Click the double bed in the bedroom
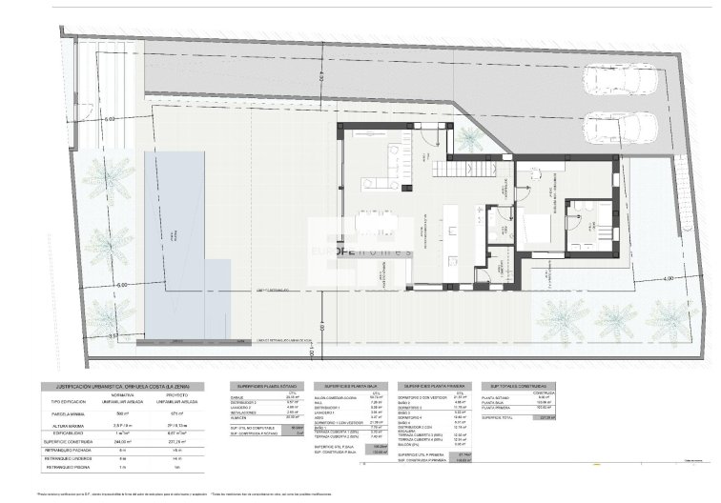[540, 230]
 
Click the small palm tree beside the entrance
[469, 139]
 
